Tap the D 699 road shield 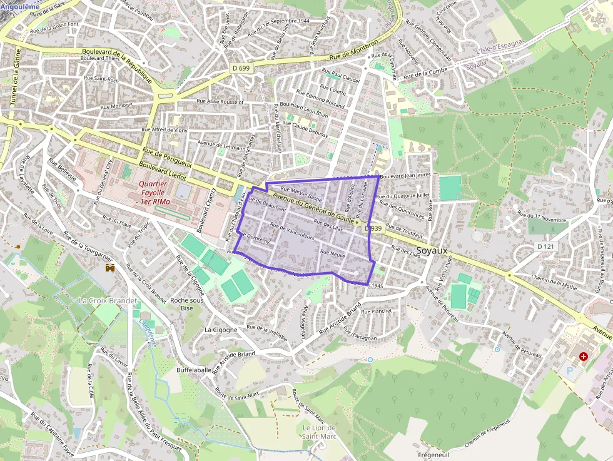click(241, 67)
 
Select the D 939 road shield click(373, 229)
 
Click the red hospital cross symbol click(584, 356)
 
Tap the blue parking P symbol click(570, 370)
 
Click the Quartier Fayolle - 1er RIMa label click(153, 193)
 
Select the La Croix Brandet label click(108, 300)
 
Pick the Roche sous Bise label click(186, 303)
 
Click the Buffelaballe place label click(194, 370)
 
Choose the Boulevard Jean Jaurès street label click(405, 176)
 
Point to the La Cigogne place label click(221, 330)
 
